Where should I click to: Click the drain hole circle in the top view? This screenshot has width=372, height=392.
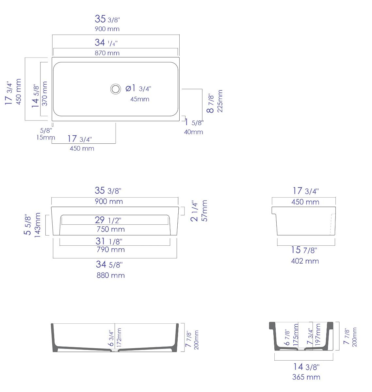115,89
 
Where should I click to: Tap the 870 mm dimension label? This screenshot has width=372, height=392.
107,53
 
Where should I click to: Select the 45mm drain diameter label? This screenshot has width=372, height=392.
140,99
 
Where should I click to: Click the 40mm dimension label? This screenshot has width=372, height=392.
193,132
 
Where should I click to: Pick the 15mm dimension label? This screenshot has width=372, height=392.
45,138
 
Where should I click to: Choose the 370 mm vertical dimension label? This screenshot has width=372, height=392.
45,93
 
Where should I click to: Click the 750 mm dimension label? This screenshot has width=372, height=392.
111,229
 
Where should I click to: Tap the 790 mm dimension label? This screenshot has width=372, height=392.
111,250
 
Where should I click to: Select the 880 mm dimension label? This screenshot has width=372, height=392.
111,275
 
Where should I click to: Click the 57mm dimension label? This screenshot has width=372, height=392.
204,211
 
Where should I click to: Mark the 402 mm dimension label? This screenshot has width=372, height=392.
305,261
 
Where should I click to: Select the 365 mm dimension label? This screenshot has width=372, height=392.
306,377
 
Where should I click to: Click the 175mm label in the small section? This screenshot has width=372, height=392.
296,335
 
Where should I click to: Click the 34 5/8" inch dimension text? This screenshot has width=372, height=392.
109,264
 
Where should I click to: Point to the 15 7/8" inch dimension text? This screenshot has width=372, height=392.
304,250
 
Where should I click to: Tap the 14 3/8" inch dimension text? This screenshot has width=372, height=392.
305,367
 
